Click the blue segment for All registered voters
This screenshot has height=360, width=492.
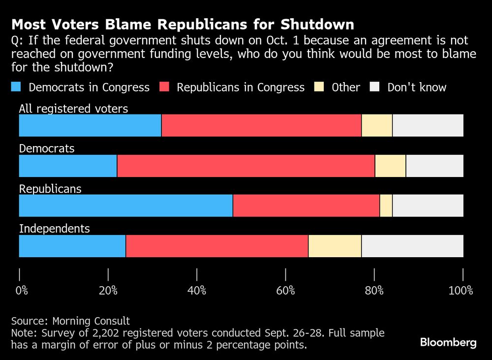tap(90, 125)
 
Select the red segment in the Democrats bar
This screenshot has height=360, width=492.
tap(246, 166)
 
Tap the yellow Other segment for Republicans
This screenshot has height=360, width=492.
tap(386, 206)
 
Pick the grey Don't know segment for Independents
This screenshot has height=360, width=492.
tap(412, 246)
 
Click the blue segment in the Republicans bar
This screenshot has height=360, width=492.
tap(125, 206)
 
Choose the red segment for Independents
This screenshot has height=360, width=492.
tap(217, 246)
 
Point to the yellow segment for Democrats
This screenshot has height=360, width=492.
tap(390, 166)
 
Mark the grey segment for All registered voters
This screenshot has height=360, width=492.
tap(428, 125)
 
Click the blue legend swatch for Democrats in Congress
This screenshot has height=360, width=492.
tap(16, 88)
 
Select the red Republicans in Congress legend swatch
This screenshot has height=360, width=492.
tap(164, 88)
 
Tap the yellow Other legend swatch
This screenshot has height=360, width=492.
tap(320, 88)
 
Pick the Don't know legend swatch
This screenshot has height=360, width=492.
tap(375, 88)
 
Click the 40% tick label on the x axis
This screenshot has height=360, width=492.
tap(197, 291)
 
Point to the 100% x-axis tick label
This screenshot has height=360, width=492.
tap(461, 291)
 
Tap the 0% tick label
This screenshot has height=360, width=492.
tap(22, 291)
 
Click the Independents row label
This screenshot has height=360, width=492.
tap(54, 229)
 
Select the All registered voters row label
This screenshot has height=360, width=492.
tap(73, 109)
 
